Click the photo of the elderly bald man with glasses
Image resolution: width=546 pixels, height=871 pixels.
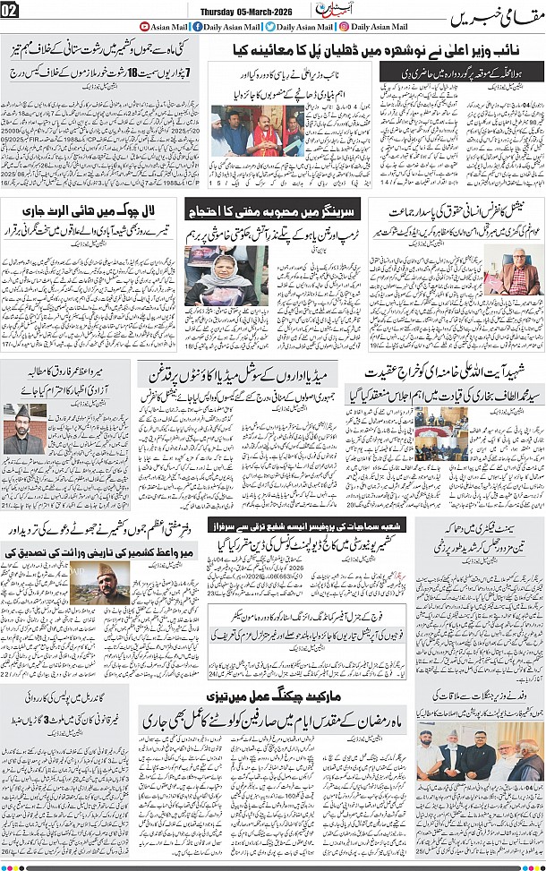[517, 278]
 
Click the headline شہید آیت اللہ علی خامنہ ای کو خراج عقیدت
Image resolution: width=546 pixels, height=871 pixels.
[456, 370]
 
